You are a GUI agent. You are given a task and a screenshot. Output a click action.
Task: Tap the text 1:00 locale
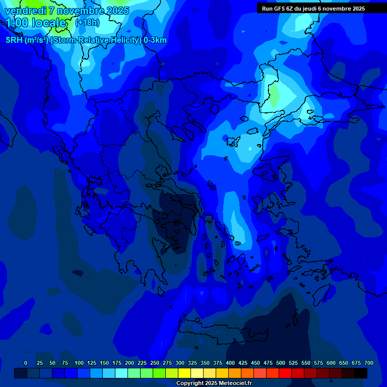click(x=36, y=23)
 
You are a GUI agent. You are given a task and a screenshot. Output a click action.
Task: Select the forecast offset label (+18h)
click(x=87, y=23)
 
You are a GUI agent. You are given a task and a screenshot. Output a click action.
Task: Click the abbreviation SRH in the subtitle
click(x=14, y=40)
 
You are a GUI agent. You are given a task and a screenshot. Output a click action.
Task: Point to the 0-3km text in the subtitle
click(x=155, y=40)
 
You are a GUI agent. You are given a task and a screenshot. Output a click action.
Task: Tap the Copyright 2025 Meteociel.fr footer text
click(x=214, y=383)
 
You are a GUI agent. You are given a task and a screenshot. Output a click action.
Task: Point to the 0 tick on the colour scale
click(x=26, y=363)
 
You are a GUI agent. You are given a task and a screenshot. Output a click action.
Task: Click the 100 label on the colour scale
click(x=79, y=363)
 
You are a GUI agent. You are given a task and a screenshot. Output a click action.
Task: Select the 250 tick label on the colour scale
click(x=155, y=363)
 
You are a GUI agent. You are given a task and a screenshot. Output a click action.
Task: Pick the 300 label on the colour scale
click(x=180, y=363)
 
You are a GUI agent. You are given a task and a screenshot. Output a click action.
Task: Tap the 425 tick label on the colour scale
click(x=243, y=363)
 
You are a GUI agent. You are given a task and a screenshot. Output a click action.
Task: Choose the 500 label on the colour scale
click(x=281, y=363)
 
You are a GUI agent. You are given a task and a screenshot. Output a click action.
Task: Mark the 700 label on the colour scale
click(x=369, y=363)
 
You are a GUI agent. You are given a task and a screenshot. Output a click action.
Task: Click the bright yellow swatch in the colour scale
click(x=184, y=373)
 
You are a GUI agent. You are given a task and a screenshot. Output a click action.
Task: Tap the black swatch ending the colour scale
click(x=361, y=373)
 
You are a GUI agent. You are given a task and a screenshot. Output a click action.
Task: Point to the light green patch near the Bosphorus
click(x=275, y=96)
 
